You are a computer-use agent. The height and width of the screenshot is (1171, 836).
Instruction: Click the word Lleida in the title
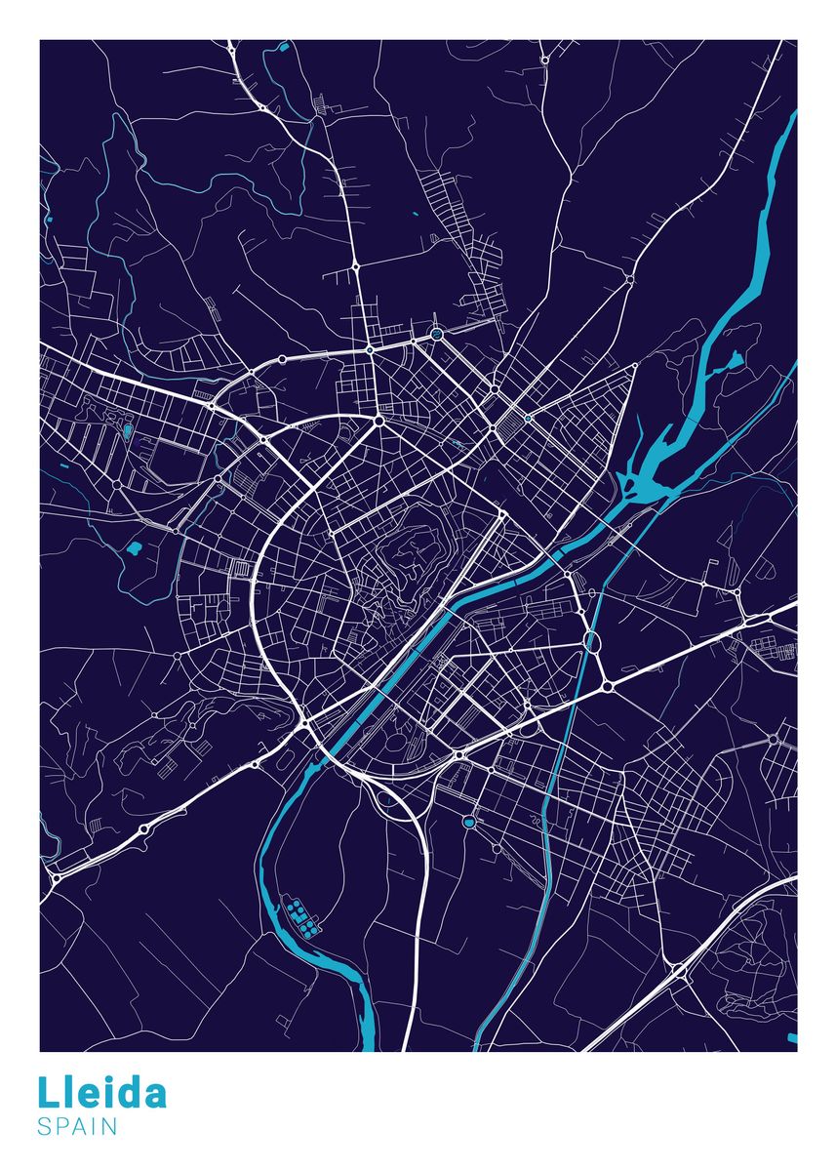[x=102, y=1093]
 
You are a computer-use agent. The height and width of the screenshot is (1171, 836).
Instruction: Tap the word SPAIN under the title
[x=77, y=1127]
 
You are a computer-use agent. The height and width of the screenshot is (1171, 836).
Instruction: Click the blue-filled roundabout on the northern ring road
[x=436, y=334]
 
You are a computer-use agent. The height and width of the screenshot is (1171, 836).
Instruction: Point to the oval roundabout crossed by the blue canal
[x=590, y=640]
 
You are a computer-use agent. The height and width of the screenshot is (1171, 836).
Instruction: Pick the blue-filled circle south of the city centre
[x=469, y=822]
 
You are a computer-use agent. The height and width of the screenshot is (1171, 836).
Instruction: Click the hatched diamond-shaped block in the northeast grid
[x=507, y=425]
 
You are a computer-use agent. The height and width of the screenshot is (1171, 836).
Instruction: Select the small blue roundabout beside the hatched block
[x=528, y=418]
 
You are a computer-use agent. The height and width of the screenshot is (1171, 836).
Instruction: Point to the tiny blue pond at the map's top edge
[x=285, y=46]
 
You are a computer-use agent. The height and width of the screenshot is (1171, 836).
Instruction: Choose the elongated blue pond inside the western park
[x=127, y=430]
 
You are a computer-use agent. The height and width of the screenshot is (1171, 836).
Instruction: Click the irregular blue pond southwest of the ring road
[x=133, y=549]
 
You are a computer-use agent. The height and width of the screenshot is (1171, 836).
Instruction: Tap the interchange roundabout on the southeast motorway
[x=676, y=970]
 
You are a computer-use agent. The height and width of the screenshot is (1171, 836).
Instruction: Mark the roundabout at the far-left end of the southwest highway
[x=56, y=878]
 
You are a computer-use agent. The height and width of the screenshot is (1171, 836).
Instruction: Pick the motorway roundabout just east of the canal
[x=608, y=687]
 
